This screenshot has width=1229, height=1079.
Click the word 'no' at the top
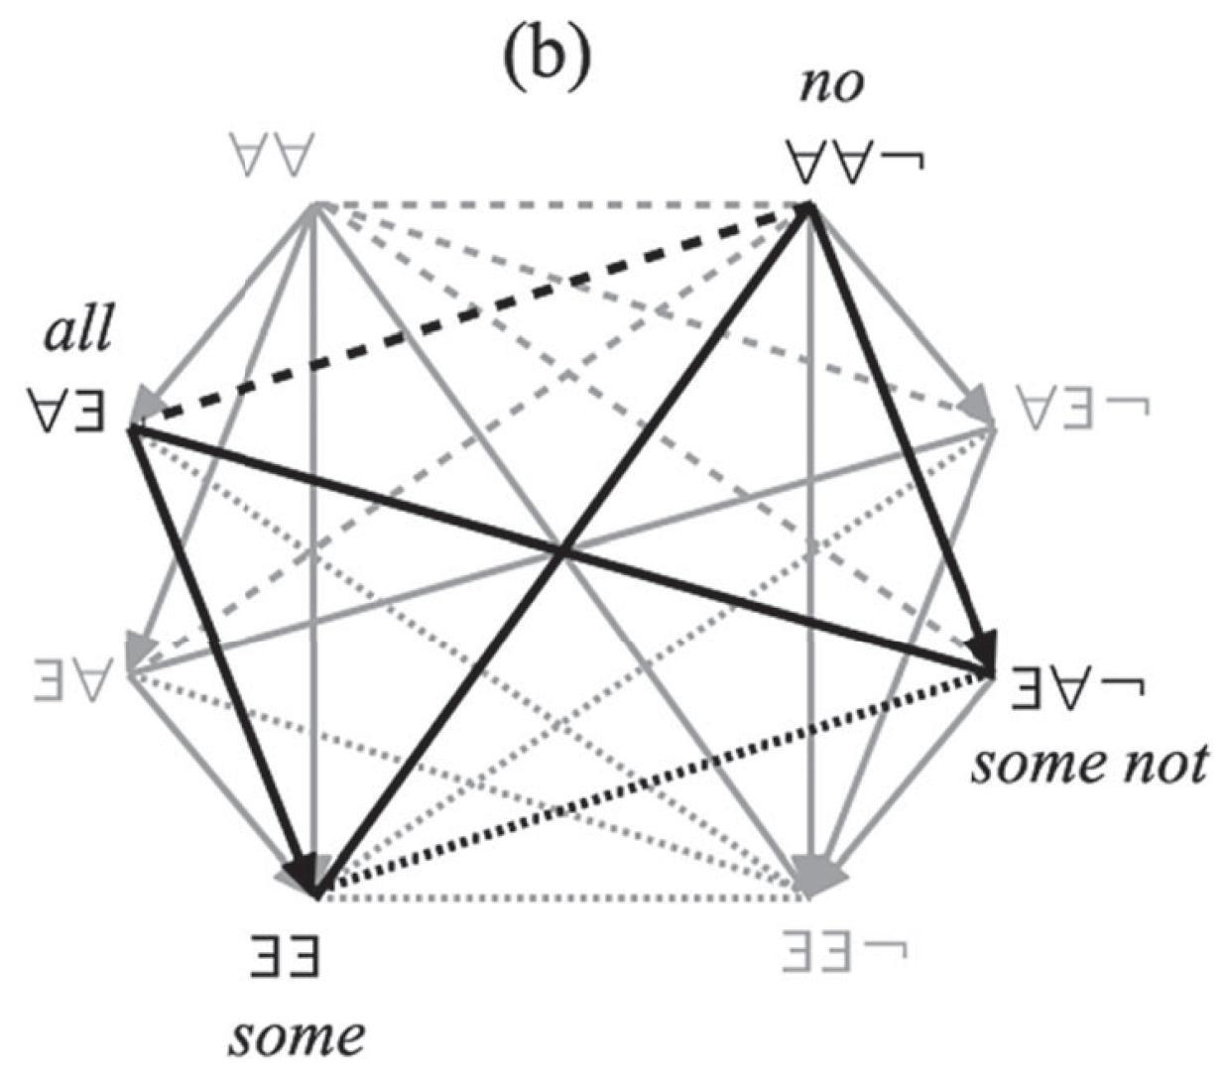[832, 85]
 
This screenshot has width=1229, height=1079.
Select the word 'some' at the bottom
[297, 1035]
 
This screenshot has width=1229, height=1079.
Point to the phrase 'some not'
[1089, 765]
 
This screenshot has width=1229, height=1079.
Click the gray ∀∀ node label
[270, 159]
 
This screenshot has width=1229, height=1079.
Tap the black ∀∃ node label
[66, 409]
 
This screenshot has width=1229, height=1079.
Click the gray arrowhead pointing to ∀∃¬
[977, 407]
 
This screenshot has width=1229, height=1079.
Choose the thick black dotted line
[655, 783]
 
